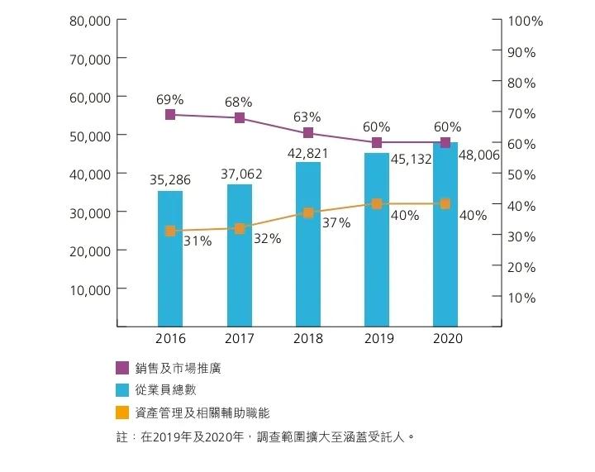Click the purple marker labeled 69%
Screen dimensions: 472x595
[x=170, y=114]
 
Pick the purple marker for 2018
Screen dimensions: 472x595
[x=308, y=133]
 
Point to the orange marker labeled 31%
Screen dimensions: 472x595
[x=170, y=231]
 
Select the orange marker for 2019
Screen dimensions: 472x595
[x=377, y=203]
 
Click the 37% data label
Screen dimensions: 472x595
[x=336, y=223]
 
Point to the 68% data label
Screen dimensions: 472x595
[x=238, y=103]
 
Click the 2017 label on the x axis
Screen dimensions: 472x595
[x=239, y=339]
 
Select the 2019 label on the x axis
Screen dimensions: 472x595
[x=377, y=339]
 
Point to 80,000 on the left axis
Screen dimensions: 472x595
[x=90, y=21]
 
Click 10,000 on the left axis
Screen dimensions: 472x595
[x=90, y=289]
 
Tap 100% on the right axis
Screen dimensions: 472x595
[x=526, y=21]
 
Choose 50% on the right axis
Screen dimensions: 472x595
[x=522, y=174]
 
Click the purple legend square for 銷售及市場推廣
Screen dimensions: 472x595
[x=122, y=368]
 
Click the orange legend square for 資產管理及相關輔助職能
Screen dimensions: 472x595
[x=122, y=412]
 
